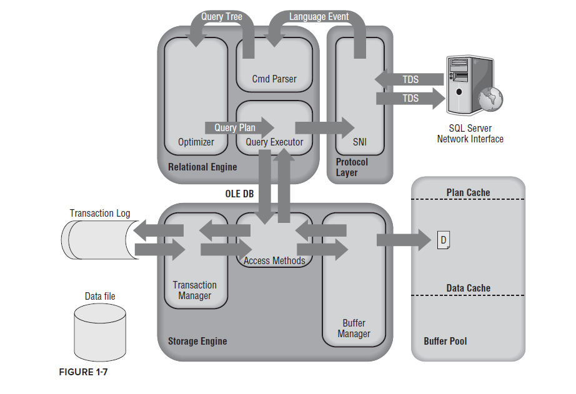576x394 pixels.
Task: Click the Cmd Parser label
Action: tap(274, 79)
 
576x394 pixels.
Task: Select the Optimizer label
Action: tap(196, 142)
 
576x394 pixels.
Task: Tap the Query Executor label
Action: tap(274, 142)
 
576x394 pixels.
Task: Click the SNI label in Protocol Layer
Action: tap(359, 142)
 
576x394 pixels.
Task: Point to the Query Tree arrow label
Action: tap(221, 16)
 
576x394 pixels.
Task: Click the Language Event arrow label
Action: tap(319, 16)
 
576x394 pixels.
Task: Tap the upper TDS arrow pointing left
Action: tap(409, 79)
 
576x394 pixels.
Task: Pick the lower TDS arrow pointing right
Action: tap(409, 99)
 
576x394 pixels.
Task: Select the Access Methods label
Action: tap(274, 260)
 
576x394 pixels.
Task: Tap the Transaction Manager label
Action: tap(195, 290)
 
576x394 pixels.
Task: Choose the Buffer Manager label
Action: tap(354, 328)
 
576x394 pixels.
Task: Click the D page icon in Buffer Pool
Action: tap(443, 240)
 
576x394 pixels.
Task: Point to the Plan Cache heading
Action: tap(468, 192)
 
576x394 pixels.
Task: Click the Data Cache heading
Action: tap(468, 288)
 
